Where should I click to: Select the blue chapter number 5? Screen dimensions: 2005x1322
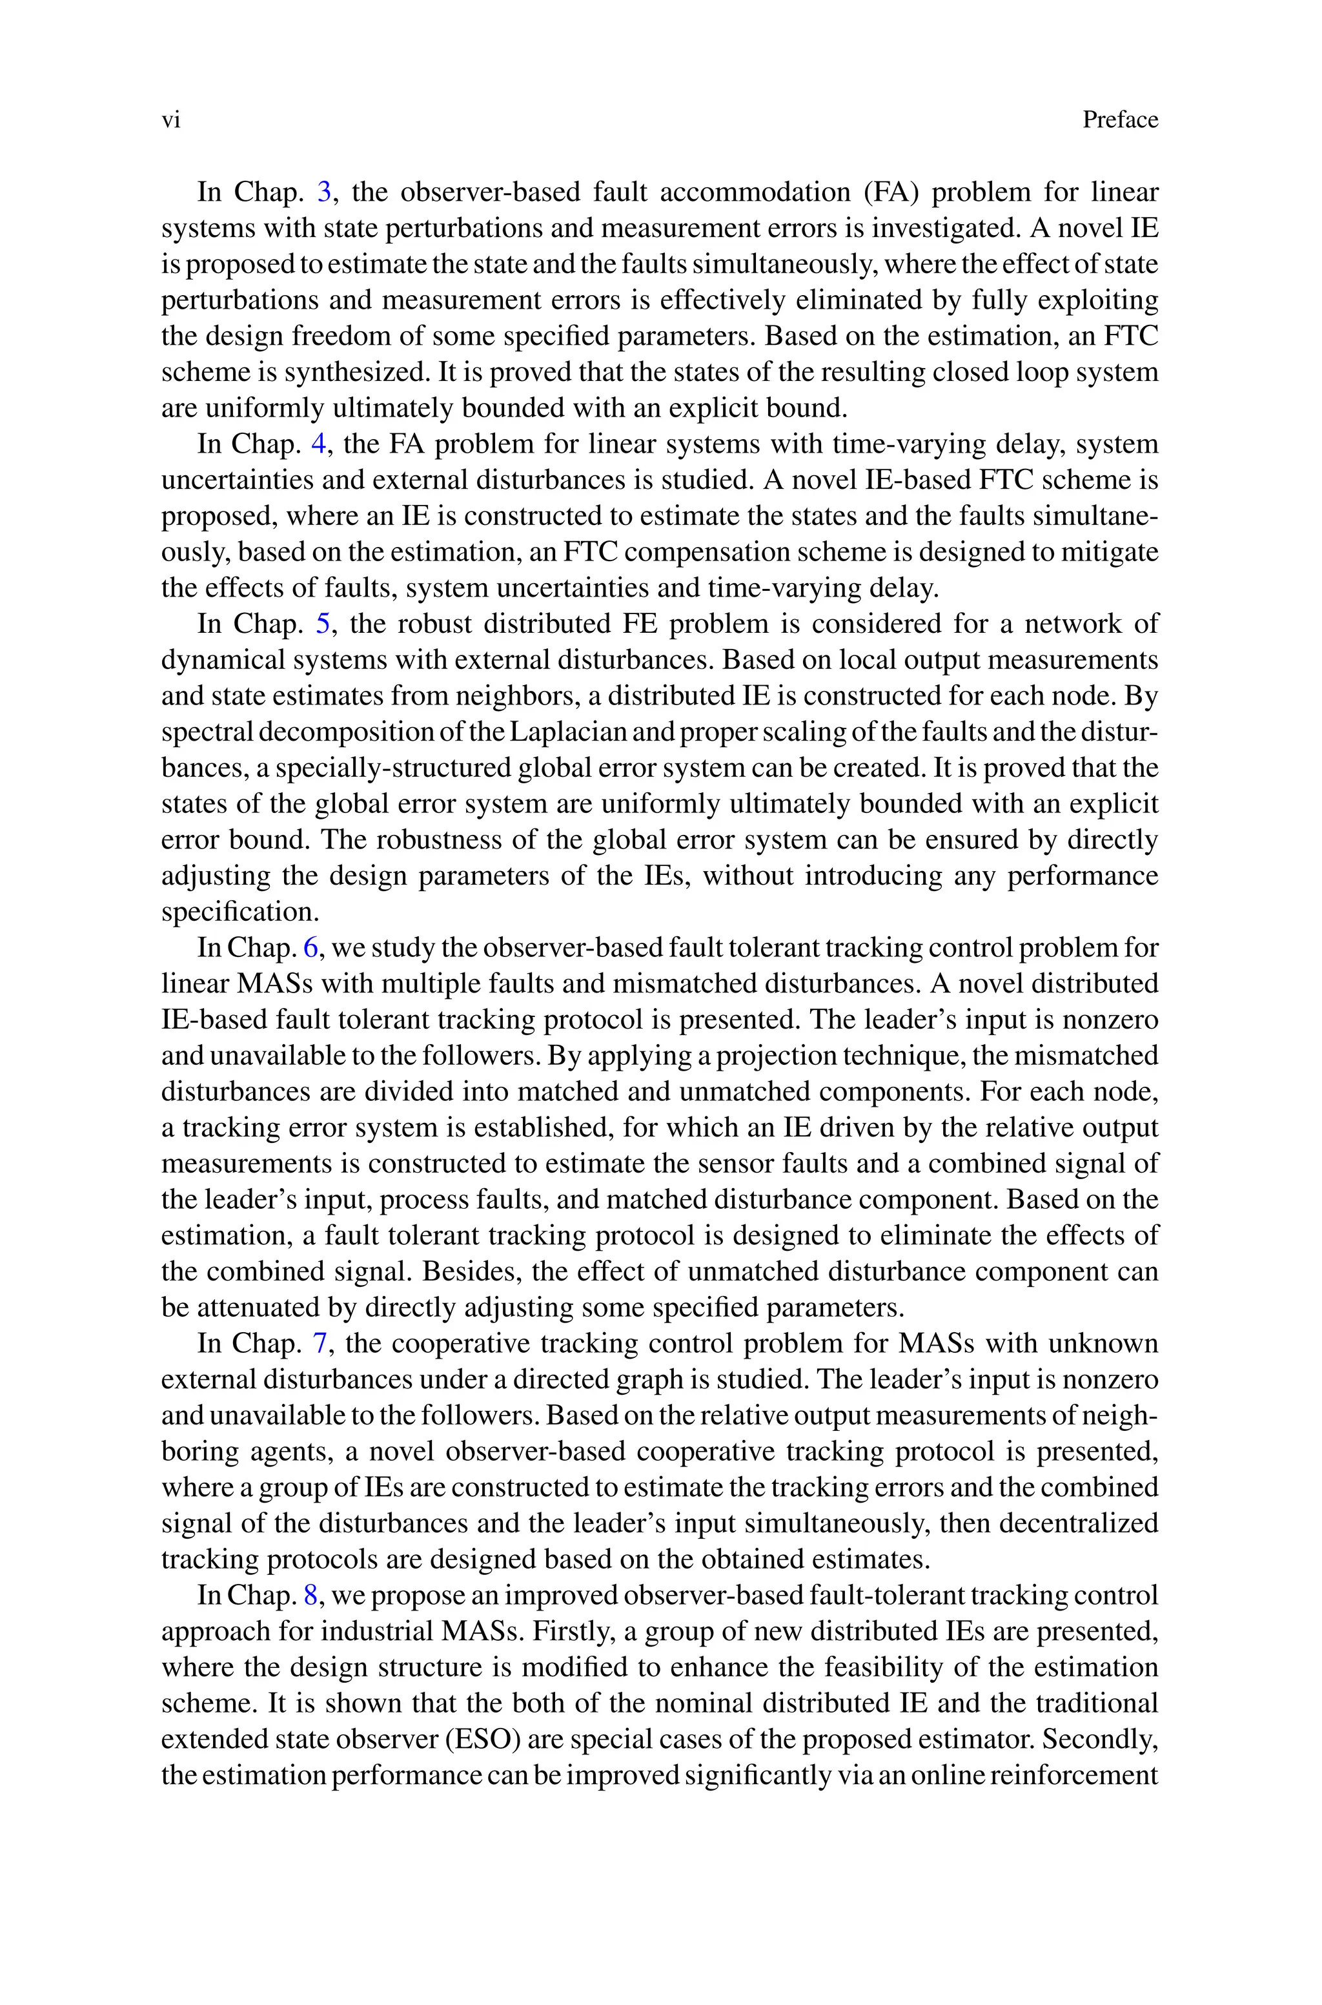(322, 624)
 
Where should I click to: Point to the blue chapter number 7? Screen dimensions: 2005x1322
(320, 1343)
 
